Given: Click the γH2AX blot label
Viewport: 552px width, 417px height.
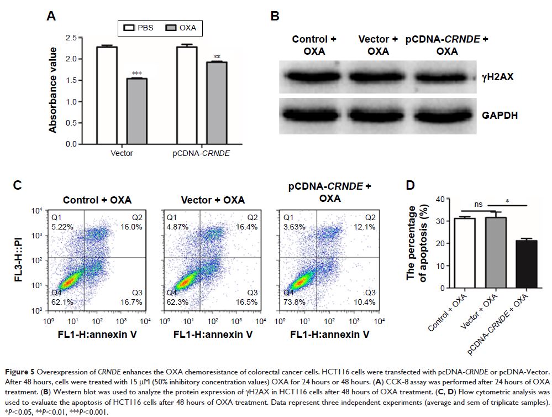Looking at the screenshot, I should tap(498, 77).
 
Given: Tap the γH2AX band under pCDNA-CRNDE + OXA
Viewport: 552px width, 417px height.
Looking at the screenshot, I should tap(444, 77).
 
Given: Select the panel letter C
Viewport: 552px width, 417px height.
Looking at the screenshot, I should tap(18, 185).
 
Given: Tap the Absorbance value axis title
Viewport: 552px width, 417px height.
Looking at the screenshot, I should tap(53, 90).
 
